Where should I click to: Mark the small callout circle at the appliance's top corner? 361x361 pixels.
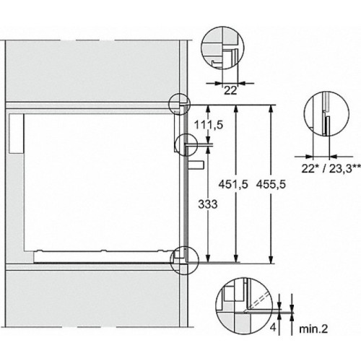pos(178,103)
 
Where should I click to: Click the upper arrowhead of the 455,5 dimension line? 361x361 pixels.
pos(270,107)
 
